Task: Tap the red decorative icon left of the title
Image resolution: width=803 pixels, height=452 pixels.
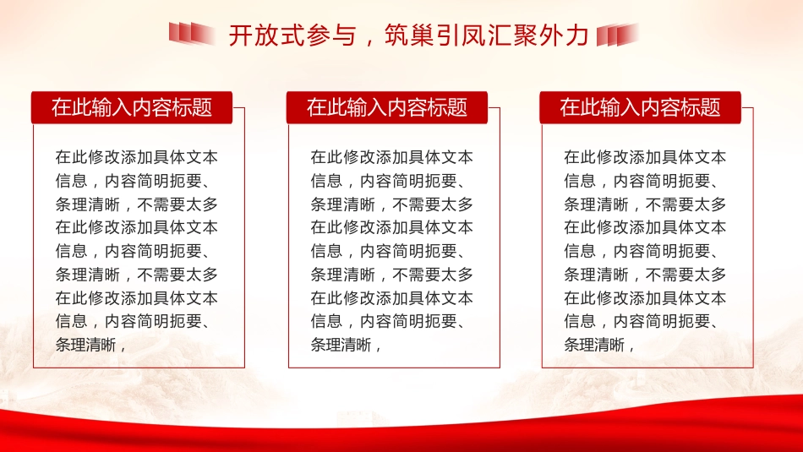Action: tap(191, 34)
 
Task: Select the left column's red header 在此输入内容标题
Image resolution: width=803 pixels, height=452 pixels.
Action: tap(132, 107)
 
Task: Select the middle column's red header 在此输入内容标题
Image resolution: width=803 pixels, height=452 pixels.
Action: tap(386, 107)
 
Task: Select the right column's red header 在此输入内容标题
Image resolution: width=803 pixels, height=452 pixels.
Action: tap(640, 107)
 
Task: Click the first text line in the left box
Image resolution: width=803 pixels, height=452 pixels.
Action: tap(136, 157)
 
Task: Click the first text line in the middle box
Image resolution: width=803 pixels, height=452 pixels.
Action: tap(391, 157)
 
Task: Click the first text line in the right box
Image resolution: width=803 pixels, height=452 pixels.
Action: tap(645, 157)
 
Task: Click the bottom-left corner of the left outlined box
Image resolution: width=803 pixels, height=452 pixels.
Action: tap(34, 368)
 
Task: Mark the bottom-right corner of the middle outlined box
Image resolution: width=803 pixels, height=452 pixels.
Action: tap(500, 368)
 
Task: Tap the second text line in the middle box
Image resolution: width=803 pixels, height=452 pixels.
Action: tap(391, 181)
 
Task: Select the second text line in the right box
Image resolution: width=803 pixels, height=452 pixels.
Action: tap(645, 181)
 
